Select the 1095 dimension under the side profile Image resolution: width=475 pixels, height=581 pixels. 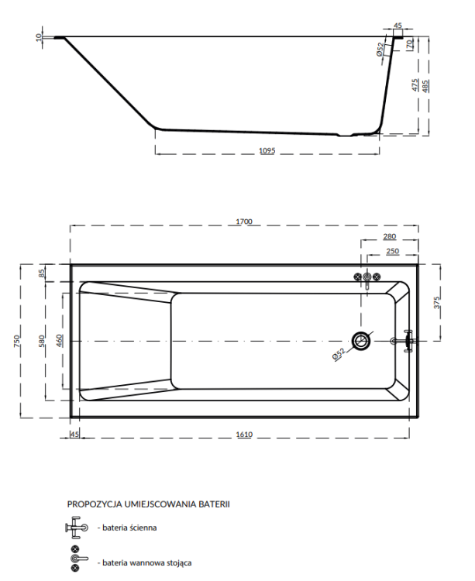(x=267, y=150)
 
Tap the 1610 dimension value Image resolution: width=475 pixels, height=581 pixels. (x=244, y=435)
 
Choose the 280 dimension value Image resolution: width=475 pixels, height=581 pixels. (x=389, y=237)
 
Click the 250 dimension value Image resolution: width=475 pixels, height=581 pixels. (x=393, y=253)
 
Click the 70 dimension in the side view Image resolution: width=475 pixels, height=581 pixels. (x=408, y=44)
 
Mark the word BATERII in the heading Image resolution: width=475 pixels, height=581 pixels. (x=213, y=504)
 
